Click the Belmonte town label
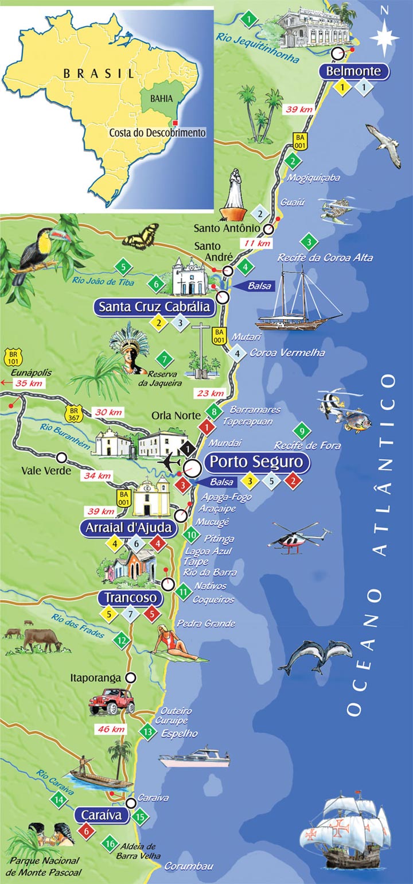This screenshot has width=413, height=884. coord(354,72)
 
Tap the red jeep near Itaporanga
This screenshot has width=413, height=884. coord(112,700)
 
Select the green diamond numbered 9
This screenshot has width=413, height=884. coord(301,431)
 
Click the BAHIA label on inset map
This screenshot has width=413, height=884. coord(161,99)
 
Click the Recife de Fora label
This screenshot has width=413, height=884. coord(307,445)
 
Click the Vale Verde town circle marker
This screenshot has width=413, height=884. coord(61,457)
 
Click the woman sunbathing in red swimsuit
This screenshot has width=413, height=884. coord(175,644)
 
